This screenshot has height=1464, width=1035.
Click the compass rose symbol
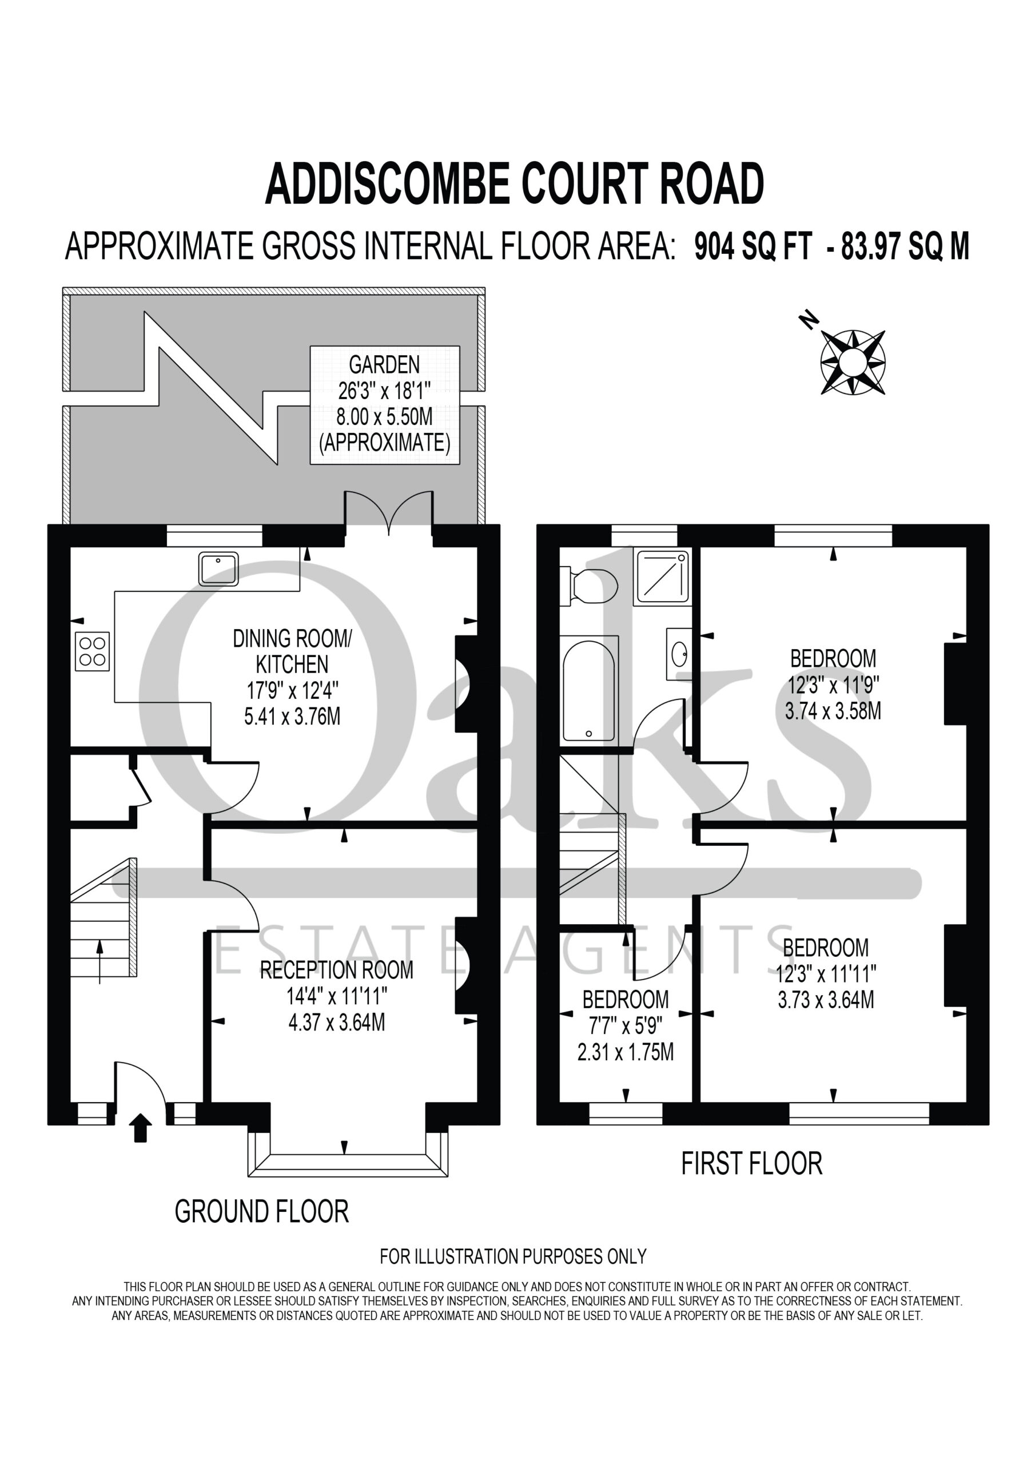click(852, 362)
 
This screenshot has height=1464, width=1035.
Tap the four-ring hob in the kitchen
click(92, 651)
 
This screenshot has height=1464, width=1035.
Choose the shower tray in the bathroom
click(662, 577)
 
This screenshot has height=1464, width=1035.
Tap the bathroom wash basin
click(679, 654)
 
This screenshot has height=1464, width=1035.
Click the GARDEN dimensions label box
click(384, 404)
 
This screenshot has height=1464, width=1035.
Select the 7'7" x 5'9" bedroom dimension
click(626, 1025)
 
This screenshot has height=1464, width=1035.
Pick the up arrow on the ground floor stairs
click(99, 962)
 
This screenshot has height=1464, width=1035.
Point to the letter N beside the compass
click(809, 320)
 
